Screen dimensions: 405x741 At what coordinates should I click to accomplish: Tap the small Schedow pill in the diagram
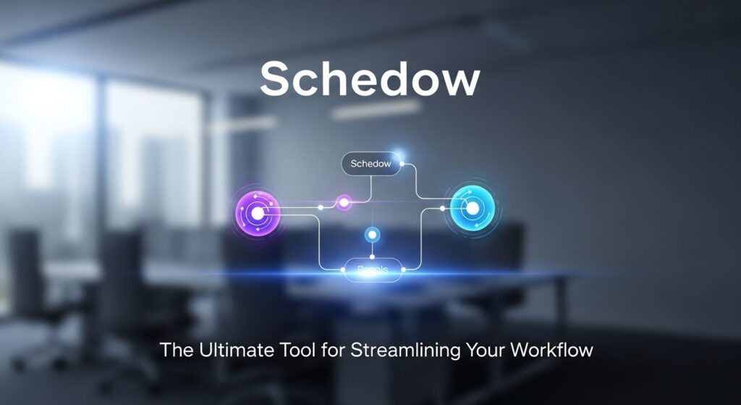pos(370,164)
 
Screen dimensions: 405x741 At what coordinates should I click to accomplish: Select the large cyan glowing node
pos(472,209)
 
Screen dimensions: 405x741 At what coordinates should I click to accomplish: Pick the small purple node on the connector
pos(344,202)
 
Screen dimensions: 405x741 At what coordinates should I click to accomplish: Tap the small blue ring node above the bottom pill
pos(372,235)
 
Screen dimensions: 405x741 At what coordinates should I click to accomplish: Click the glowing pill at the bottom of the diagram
pos(373,270)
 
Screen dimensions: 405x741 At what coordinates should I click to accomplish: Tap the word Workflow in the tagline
pos(551,350)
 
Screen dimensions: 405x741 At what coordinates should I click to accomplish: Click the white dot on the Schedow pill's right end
pos(402,164)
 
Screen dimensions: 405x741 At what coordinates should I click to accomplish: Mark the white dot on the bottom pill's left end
pos(343,270)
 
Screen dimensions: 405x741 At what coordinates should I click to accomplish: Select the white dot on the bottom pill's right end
pos(403,270)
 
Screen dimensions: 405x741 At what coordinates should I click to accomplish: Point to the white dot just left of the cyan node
pos(443,208)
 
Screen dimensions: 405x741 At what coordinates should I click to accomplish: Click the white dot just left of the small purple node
pos(321,208)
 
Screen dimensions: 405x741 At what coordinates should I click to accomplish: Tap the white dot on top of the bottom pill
pos(372,256)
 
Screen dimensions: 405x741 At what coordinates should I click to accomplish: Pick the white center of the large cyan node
pos(472,209)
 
